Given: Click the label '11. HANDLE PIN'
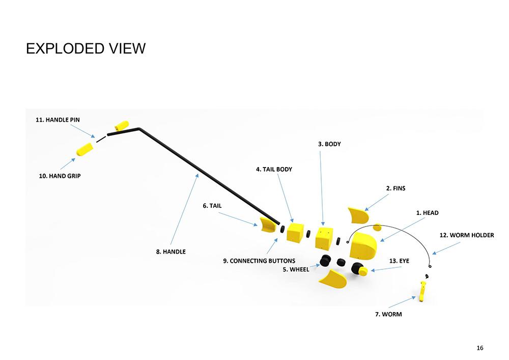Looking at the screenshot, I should point(58,120).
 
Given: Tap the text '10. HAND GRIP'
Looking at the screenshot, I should point(60,176).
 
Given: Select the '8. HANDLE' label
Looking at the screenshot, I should point(171,252).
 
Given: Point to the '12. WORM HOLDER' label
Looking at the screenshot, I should point(466,235).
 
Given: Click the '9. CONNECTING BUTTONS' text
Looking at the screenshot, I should point(259,261).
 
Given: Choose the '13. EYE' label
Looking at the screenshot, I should point(399,261).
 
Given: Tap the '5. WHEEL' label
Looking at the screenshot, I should point(296,269).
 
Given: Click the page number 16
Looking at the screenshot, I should point(480,348).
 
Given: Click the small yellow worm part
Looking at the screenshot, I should point(422,292).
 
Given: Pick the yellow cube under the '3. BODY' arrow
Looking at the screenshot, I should point(324,238).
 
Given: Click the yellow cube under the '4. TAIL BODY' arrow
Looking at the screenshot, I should point(295,232).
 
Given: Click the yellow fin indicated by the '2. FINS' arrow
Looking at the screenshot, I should point(358,214).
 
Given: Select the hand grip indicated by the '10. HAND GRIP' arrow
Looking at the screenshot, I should point(84,149).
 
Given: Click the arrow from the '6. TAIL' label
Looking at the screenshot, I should point(238,218).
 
